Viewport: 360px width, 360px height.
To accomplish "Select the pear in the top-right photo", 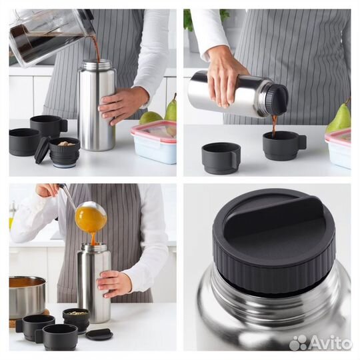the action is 339,119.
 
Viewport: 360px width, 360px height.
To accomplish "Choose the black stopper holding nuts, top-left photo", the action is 65,152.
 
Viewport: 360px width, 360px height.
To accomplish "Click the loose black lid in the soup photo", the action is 99,334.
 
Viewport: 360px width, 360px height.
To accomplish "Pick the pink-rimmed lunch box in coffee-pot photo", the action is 154,142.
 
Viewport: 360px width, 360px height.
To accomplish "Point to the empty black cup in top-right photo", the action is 221,158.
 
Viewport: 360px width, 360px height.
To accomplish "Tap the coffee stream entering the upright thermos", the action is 96,49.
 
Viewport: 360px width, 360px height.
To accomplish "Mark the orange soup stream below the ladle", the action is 93,238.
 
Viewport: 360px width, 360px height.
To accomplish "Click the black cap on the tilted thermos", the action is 276,99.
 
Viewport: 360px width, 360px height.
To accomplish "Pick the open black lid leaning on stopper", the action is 42,150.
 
